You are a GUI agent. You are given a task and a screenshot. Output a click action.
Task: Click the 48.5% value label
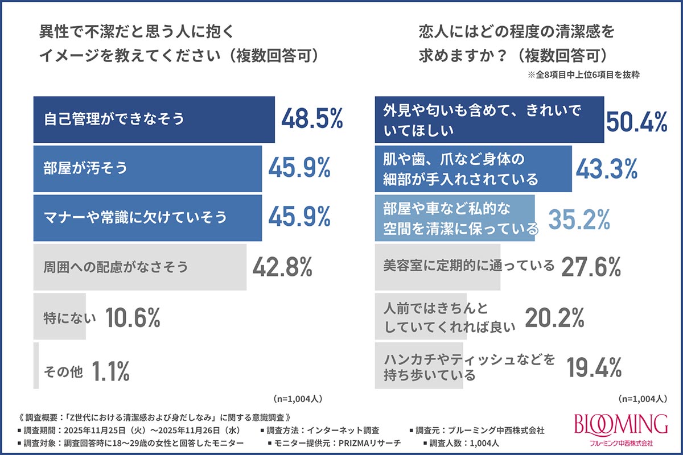coord(312,118)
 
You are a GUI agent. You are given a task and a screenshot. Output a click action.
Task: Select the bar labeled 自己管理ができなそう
coord(154,119)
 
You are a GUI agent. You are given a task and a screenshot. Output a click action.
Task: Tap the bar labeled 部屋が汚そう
coord(147,169)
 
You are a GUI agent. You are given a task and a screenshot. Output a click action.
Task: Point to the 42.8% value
coord(282,267)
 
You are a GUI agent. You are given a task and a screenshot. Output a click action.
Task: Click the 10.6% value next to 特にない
coord(133,317)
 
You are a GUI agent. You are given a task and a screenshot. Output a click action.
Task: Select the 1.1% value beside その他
coord(110,371)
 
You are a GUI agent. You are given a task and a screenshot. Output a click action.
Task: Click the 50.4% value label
coord(637,122)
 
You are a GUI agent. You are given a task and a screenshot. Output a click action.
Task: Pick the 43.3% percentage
coord(607,168)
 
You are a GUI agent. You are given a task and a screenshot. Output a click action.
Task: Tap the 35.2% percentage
coord(579,219)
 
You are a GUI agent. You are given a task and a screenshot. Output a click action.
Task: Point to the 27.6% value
coord(591,267)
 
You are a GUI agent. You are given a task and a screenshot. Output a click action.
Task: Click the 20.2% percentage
coord(554,317)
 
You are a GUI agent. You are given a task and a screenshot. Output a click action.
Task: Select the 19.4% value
coord(594,367)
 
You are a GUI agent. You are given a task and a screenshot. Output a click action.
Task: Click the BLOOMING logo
coord(621,429)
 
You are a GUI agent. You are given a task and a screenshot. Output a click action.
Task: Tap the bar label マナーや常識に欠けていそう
coord(135,217)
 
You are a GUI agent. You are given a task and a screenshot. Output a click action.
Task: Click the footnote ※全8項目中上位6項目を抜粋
coord(583,75)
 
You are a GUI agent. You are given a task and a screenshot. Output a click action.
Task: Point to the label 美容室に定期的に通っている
coord(468,266)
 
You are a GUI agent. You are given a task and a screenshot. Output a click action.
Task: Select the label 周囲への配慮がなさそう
coord(116,267)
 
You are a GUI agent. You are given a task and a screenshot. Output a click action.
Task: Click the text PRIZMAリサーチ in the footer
coord(369,443)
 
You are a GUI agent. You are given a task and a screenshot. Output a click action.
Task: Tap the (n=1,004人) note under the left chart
coord(298,399)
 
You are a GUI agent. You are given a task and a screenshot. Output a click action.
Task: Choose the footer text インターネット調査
coord(343,430)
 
